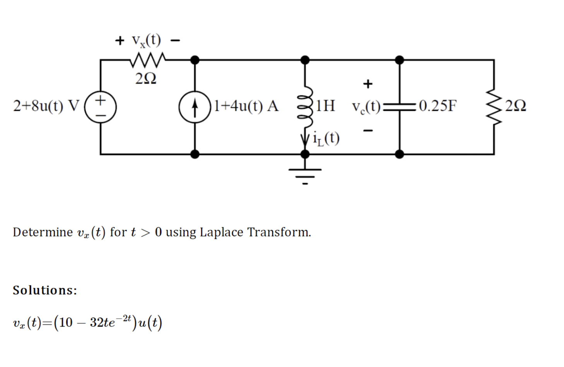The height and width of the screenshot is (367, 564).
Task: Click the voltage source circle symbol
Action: pos(101,107)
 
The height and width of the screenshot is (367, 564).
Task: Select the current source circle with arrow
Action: pos(195,107)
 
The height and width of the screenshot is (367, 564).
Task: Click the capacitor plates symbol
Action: pos(399,106)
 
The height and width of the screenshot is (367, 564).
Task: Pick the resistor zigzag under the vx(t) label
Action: pos(146,60)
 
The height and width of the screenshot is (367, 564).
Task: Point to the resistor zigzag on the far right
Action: pos(494,107)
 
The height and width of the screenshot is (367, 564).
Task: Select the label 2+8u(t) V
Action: pos(46,105)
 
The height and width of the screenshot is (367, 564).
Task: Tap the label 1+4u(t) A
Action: pos(246,105)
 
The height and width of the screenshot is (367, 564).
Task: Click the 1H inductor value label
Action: pos(325,105)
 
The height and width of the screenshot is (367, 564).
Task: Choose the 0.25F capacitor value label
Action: pos(438,105)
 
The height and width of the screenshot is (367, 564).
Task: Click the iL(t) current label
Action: pos(326,138)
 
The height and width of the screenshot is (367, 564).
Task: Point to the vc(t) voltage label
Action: pos(366,106)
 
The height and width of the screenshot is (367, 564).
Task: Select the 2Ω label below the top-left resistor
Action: pos(146,79)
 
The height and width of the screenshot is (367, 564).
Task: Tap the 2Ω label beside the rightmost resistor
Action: pos(516,106)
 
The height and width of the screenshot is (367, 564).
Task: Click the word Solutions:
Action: pos(45,290)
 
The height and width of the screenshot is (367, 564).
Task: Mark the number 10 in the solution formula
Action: pos(66,322)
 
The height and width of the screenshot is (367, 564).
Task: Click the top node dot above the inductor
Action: pos(305,60)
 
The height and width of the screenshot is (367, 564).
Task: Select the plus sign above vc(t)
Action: pos(367,83)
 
